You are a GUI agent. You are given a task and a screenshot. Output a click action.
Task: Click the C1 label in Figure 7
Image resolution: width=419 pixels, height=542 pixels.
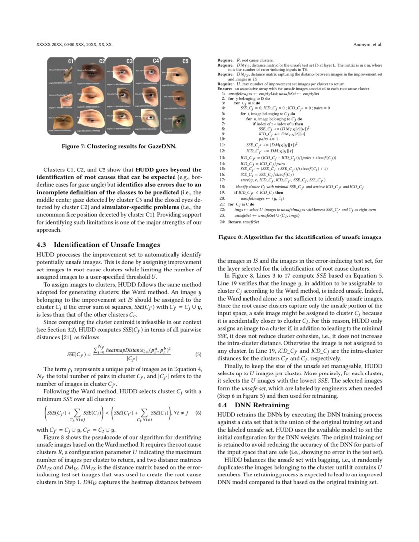pyautogui.click(x=70, y=61)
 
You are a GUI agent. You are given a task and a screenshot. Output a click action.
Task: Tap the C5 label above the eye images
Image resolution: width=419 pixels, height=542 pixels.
pyautogui.click(x=185, y=62)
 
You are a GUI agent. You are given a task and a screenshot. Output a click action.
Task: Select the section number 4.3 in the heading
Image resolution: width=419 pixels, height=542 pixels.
pyautogui.click(x=42, y=245)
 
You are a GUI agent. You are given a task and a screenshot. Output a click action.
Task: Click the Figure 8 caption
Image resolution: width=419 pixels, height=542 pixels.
pyautogui.click(x=299, y=237)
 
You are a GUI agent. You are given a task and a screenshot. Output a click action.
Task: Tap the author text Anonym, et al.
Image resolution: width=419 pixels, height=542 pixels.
pyautogui.click(x=368, y=44)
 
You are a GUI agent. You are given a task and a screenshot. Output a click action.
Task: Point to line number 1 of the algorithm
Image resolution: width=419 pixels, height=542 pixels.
pyautogui.click(x=223, y=93)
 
